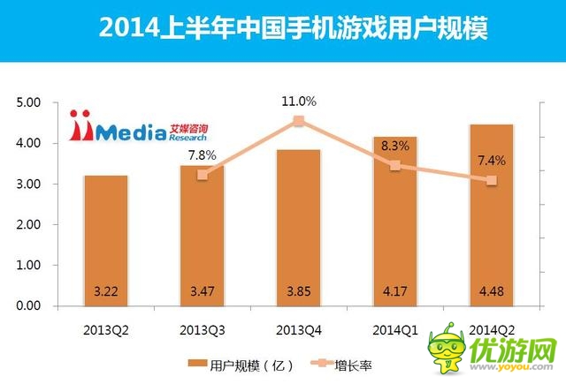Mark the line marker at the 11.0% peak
tap(299, 121)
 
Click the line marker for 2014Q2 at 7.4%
tap(492, 180)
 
